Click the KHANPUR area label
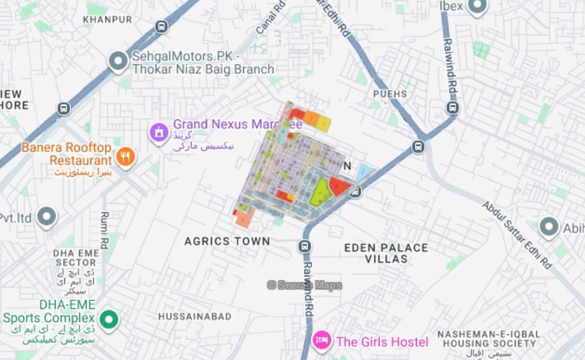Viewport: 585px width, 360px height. (x=107, y=19)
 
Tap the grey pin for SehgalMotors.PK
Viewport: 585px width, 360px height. (x=117, y=61)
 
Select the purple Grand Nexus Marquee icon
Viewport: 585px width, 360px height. (x=159, y=132)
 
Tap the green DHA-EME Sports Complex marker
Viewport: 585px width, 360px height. (x=109, y=320)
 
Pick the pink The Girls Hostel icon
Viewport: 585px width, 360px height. (x=321, y=341)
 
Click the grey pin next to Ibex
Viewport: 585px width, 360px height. (x=476, y=6)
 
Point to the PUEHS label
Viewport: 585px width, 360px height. (x=390, y=94)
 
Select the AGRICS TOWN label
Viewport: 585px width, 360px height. (x=227, y=241)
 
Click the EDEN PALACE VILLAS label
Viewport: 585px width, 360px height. (x=386, y=253)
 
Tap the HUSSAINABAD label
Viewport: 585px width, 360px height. (x=194, y=317)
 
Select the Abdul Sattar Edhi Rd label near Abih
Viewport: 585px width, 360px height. (x=517, y=234)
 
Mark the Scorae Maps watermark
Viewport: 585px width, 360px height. (x=304, y=285)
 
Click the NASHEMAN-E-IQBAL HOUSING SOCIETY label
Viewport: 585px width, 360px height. (x=486, y=339)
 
